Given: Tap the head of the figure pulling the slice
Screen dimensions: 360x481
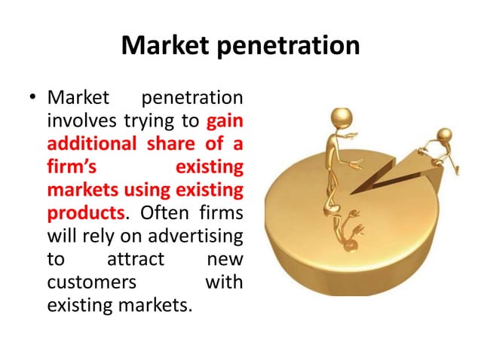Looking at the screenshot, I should point(444,135).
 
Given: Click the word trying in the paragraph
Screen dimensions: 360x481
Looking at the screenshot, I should point(140,121).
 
